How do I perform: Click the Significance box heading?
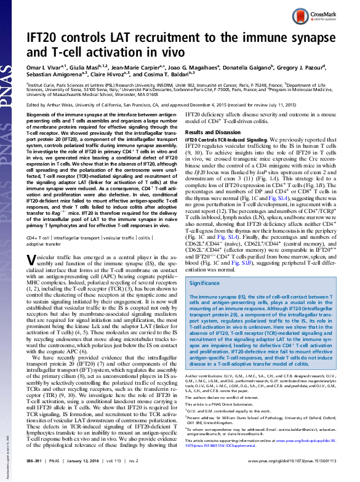click(205, 283)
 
